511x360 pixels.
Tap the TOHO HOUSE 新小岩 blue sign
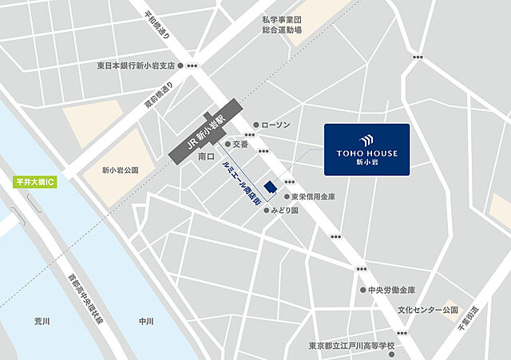[x=366, y=149]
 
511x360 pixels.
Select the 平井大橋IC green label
[x=34, y=182]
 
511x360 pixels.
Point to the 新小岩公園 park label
[x=120, y=170]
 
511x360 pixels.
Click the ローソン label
[x=276, y=125]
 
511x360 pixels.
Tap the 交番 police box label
[x=241, y=144]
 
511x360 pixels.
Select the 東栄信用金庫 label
[x=312, y=196]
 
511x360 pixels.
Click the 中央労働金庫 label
[x=391, y=291]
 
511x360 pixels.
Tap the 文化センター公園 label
[x=429, y=309]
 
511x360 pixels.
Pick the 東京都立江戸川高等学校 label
[x=351, y=346]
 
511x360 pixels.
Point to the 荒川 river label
[x=42, y=321]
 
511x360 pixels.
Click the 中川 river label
[x=145, y=321]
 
